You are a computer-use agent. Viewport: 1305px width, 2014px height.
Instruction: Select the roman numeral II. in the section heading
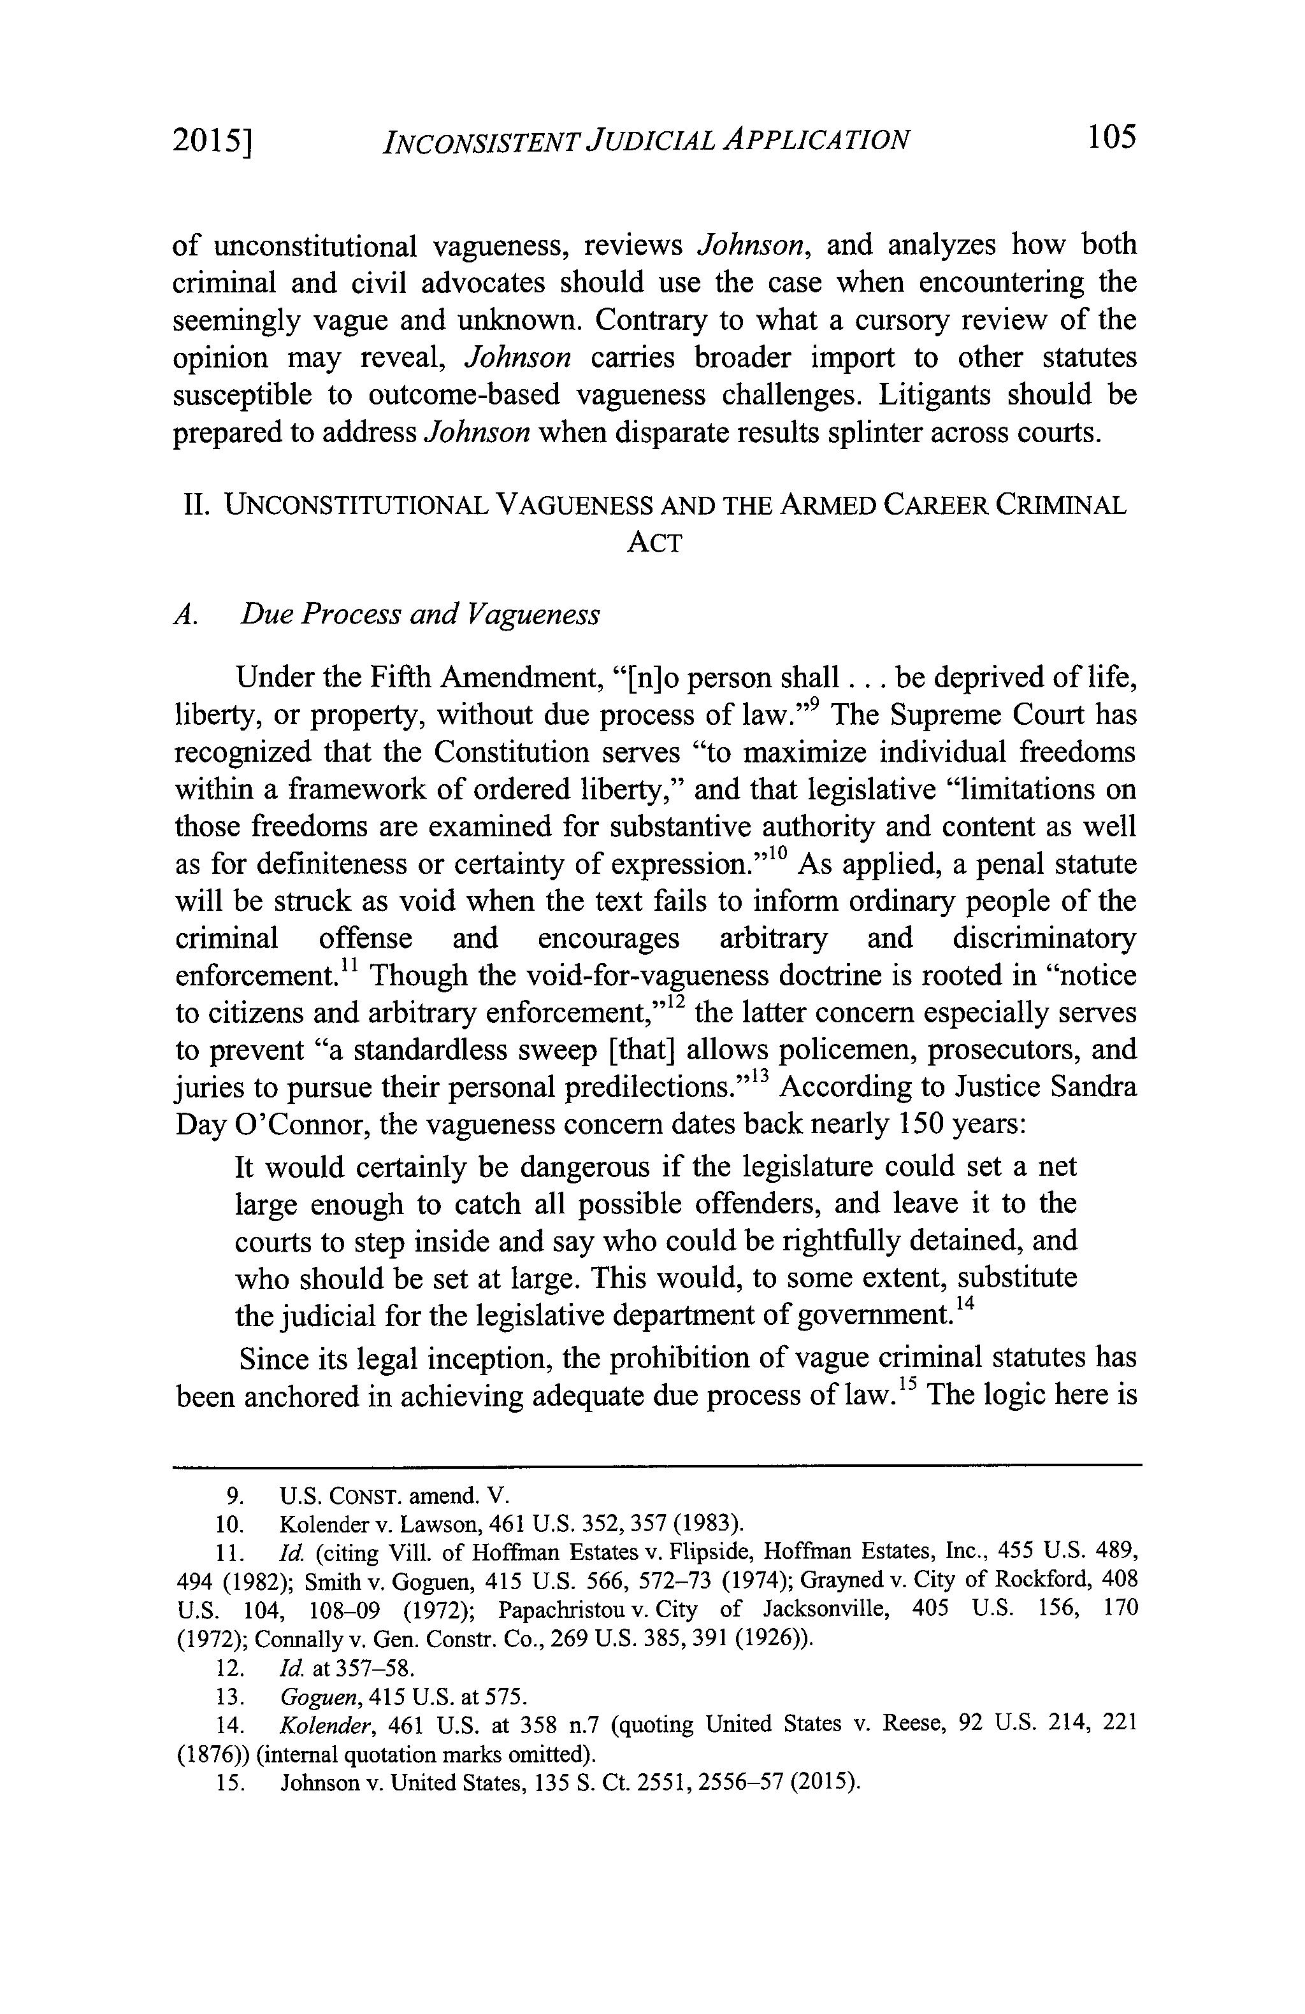(196, 505)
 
